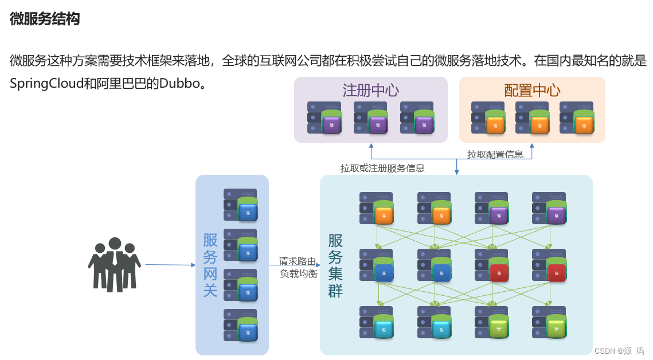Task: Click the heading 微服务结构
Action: [45, 19]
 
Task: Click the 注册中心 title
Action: [370, 90]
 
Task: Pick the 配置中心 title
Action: [532, 90]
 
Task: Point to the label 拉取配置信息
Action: [495, 154]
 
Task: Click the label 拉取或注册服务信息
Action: [382, 168]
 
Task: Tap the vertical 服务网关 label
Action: [210, 265]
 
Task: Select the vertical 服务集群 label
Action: [335, 265]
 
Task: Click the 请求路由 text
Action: [298, 261]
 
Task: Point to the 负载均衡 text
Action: [298, 273]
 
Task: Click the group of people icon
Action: [115, 264]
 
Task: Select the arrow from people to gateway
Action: [170, 265]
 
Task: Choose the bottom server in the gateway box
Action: [241, 325]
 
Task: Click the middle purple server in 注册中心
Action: [370, 118]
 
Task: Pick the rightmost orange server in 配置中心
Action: [577, 118]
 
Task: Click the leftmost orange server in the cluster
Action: [377, 208]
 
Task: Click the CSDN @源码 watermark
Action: [619, 351]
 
